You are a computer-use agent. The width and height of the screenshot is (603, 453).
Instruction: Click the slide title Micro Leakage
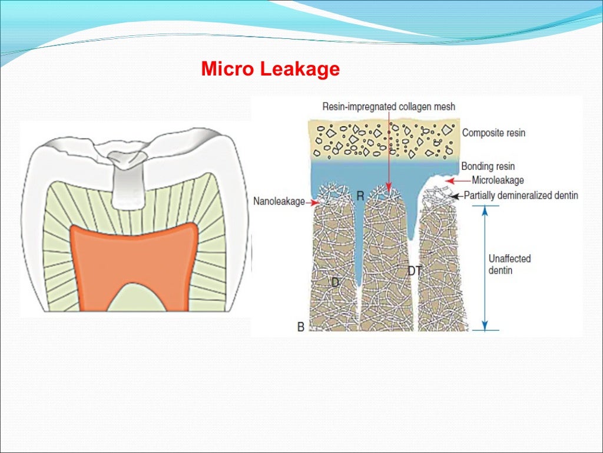coord(270,70)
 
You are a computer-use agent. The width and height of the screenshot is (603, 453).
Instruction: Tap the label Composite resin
coord(493,133)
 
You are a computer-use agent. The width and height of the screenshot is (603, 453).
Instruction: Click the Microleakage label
coord(498,180)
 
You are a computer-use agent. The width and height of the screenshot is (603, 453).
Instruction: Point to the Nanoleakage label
coord(279,202)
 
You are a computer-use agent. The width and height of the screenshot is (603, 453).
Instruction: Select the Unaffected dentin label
coord(509,264)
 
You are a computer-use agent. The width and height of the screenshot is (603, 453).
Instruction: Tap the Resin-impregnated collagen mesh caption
coord(389,106)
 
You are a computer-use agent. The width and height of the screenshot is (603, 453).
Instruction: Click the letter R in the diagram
coord(360,195)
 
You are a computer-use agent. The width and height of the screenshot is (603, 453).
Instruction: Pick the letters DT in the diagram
coord(415,271)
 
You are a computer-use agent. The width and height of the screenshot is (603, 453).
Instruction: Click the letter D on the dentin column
coord(335,283)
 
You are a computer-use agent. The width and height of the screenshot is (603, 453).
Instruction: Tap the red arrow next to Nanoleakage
coord(312,202)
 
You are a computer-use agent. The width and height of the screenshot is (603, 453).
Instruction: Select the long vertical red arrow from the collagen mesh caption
coord(389,153)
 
